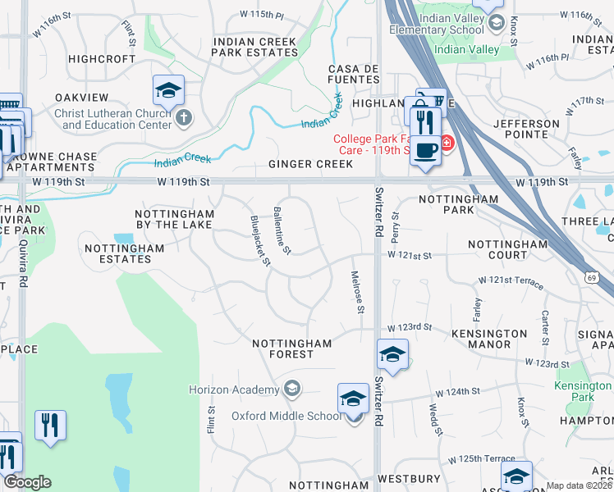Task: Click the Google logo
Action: [x=27, y=482]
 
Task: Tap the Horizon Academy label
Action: [x=234, y=389]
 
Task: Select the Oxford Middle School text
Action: [x=286, y=416]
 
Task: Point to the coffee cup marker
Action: [x=425, y=152]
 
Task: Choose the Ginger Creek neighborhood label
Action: [x=310, y=164]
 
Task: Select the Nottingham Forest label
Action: [x=292, y=348]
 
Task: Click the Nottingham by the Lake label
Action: [x=174, y=219]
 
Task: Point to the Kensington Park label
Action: [x=584, y=391]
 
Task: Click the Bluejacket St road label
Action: [x=259, y=240]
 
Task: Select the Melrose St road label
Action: [x=357, y=293]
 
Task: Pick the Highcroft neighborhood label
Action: [x=102, y=59]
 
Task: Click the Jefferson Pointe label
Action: [x=526, y=129]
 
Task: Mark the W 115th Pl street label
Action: [x=261, y=16]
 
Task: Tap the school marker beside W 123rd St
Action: [x=392, y=354]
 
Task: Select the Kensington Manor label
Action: [x=489, y=339]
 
